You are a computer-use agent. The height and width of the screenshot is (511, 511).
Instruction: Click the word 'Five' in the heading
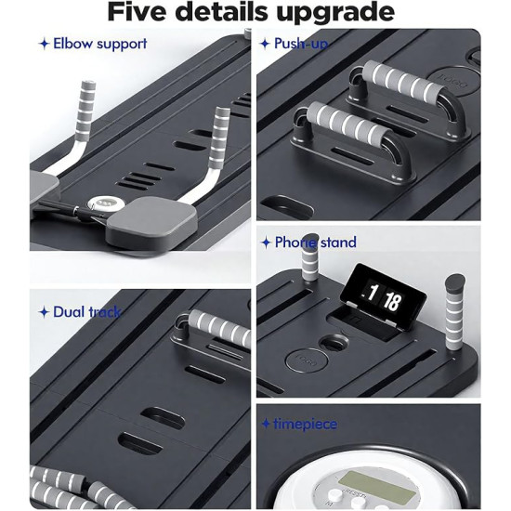(x=138, y=12)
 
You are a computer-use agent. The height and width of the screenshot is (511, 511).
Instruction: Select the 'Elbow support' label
(x=100, y=44)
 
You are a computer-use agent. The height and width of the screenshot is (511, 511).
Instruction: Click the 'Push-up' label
(x=301, y=44)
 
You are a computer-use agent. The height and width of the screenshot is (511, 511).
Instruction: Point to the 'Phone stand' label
(x=316, y=242)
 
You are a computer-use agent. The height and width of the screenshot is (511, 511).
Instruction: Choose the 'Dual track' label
(x=87, y=312)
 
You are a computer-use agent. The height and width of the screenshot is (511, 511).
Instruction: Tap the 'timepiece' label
(x=306, y=424)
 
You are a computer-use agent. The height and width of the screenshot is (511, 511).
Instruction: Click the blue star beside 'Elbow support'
(x=44, y=44)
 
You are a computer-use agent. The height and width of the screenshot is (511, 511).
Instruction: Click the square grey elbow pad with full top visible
(x=151, y=217)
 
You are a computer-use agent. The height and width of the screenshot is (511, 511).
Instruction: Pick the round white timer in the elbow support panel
(x=106, y=203)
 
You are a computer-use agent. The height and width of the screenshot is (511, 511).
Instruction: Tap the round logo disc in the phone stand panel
(x=307, y=360)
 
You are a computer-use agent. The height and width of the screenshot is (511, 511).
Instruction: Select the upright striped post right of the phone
(x=455, y=312)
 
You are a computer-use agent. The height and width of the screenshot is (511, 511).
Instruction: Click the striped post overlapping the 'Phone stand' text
(x=309, y=257)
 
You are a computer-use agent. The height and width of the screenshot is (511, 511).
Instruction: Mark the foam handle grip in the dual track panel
(x=220, y=328)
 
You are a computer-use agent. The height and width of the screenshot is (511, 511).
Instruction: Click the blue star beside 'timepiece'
(x=266, y=424)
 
